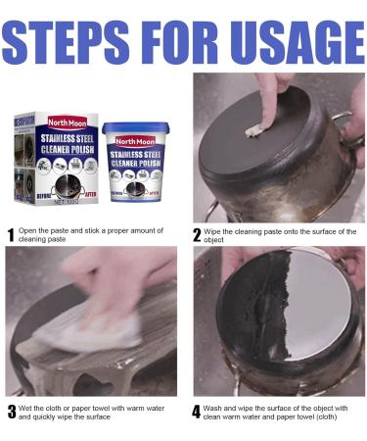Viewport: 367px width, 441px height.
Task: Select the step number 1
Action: (x=10, y=235)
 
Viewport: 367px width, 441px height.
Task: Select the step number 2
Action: (x=198, y=235)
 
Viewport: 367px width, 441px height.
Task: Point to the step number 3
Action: (x=10, y=412)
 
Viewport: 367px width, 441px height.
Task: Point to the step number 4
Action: (x=198, y=412)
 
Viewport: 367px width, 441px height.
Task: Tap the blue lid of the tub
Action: (x=134, y=127)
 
